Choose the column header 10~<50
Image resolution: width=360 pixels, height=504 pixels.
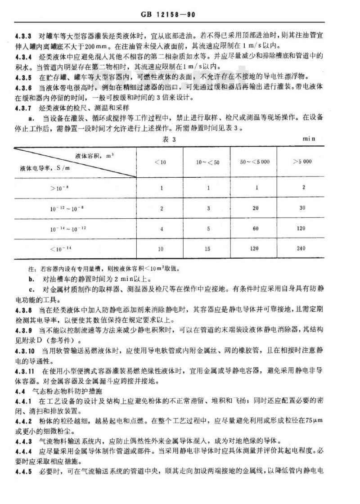pos(206,162)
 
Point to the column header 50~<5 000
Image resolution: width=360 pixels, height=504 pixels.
pos(253,162)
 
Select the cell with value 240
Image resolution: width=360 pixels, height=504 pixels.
pos(301,248)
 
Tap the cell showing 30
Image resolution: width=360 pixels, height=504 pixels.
pos(301,208)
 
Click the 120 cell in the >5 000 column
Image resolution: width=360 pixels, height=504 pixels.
pos(301,228)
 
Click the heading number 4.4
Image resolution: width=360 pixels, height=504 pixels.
pos(20,390)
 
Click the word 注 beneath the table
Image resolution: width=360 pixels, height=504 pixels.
pos(31,269)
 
